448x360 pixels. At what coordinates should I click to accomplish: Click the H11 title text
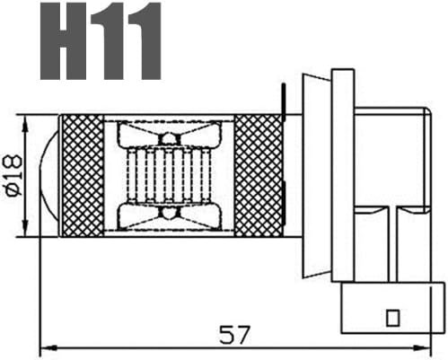click(x=101, y=41)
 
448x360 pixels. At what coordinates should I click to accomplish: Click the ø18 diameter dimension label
click(x=14, y=175)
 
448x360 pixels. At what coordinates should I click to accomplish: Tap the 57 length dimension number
click(x=234, y=335)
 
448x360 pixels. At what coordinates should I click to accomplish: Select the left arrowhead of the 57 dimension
click(x=48, y=347)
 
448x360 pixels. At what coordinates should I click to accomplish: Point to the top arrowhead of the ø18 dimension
click(x=25, y=123)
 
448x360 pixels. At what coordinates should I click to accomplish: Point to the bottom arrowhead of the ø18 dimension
click(x=25, y=228)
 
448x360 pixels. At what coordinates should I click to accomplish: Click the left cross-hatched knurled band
click(x=83, y=176)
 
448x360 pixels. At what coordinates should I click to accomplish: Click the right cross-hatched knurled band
click(x=258, y=176)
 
